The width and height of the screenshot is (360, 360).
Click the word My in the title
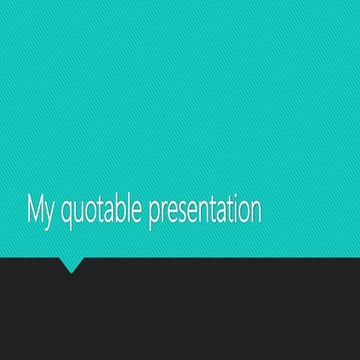[41, 210]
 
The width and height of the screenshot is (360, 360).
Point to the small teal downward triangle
[72, 265]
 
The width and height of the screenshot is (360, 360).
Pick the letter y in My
[50, 214]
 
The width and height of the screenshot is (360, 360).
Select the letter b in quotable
[120, 210]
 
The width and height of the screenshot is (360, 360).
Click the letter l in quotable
[129, 209]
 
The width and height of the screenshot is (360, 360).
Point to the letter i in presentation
[234, 209]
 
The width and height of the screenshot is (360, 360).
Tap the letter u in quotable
[78, 212]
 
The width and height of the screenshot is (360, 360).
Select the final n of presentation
[255, 212]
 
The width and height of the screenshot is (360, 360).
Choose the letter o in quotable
[90, 212]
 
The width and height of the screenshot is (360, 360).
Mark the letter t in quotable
[99, 210]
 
